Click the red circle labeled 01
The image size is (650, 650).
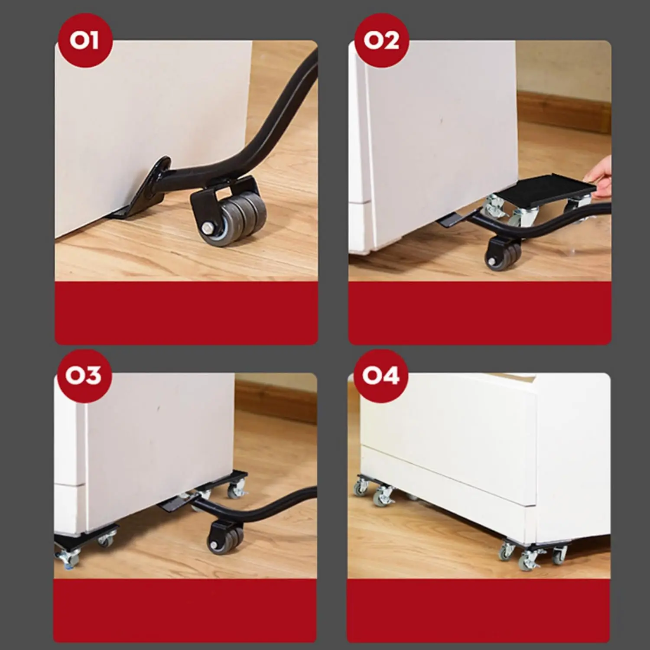click(x=84, y=42)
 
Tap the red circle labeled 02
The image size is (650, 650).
click(x=381, y=42)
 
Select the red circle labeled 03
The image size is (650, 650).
click(x=84, y=375)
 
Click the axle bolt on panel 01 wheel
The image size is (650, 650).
click(x=206, y=227)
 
